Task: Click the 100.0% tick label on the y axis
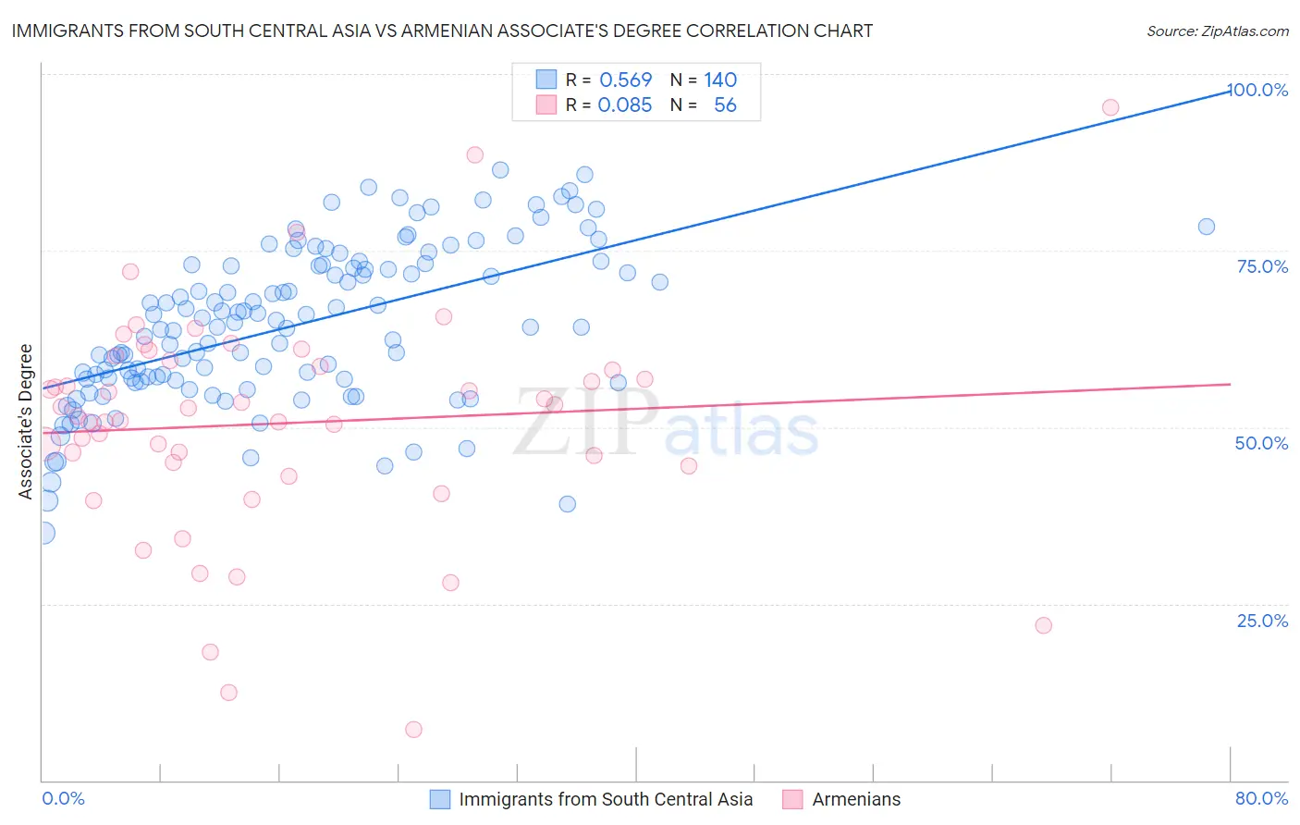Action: (x=1257, y=90)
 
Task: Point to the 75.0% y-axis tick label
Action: (x=1262, y=266)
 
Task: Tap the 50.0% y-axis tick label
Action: (x=1261, y=443)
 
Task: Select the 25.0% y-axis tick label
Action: (x=1262, y=621)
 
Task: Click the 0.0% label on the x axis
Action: (x=63, y=798)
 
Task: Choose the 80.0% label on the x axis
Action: (x=1261, y=798)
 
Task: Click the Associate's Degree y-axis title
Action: (x=26, y=421)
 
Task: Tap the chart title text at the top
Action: (x=442, y=31)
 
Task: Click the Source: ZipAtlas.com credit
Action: (x=1217, y=31)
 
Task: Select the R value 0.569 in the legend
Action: (x=625, y=80)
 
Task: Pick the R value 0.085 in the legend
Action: (x=624, y=105)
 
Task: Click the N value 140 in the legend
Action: (x=720, y=80)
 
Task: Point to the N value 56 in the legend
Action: (x=725, y=105)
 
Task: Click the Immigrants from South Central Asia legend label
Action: (x=606, y=799)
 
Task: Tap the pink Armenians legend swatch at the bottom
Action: (x=792, y=799)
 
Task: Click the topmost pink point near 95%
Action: (x=1110, y=107)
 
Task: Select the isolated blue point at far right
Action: (x=1207, y=227)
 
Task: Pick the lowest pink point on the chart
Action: (x=413, y=730)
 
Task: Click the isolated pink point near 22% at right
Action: (x=1043, y=625)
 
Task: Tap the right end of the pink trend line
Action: (x=1230, y=384)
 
